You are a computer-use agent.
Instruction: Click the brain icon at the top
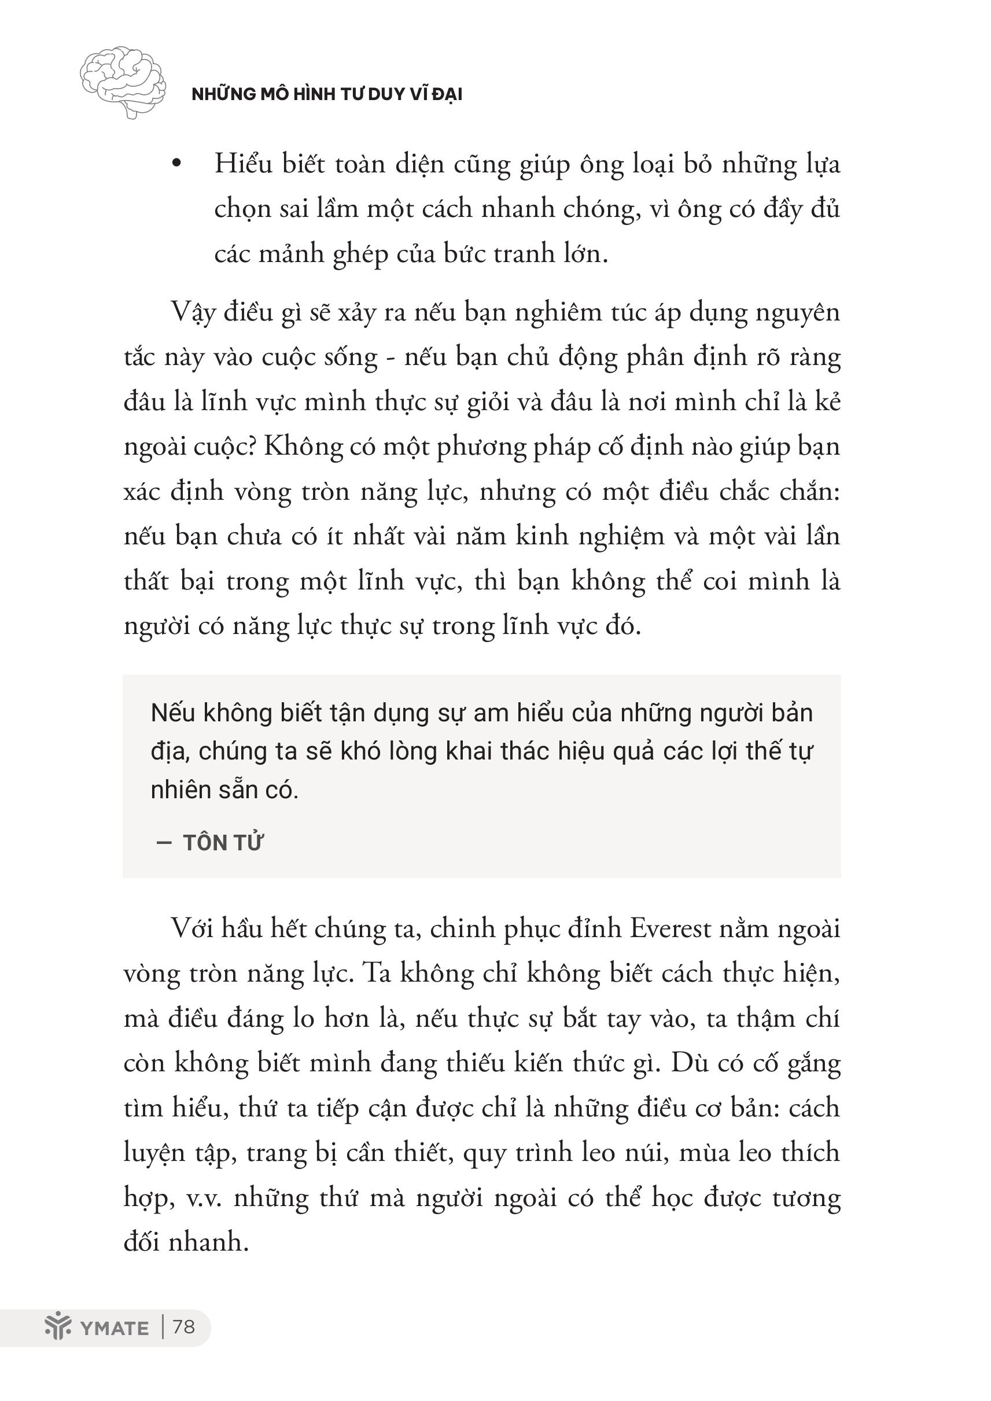pos(123,82)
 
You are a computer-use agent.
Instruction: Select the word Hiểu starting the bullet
pos(243,164)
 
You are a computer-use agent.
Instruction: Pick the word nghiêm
pos(558,313)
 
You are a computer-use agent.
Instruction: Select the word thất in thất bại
pos(146,581)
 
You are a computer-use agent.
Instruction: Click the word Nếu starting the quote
pos(173,713)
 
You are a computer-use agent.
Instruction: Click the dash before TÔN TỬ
pos(164,843)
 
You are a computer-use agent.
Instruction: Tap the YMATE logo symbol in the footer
pos(58,1326)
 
